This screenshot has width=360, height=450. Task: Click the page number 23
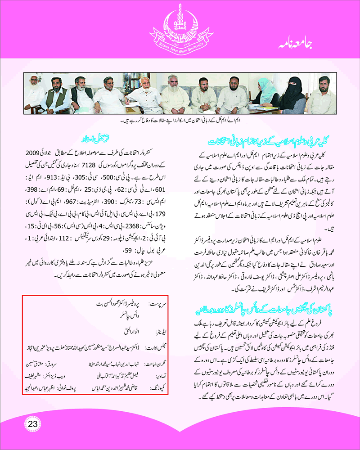coord(33,424)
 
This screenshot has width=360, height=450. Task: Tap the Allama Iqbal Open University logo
coord(180,25)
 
